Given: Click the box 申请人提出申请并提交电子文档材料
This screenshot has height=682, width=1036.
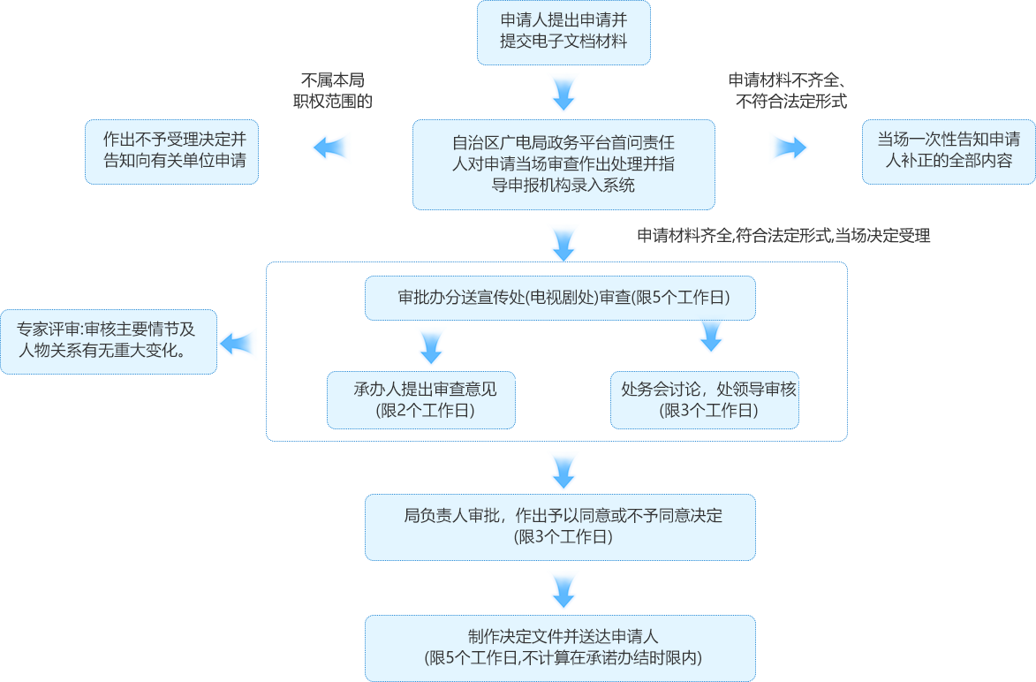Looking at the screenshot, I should (x=563, y=33).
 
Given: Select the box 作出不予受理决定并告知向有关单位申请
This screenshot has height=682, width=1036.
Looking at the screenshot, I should (x=171, y=151).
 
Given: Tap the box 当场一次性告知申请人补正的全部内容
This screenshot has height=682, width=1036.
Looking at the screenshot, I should (x=948, y=151).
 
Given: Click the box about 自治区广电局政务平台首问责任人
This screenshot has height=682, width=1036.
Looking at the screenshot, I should (x=563, y=163).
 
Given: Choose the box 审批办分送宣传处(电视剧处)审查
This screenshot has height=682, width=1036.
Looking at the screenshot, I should (x=560, y=299).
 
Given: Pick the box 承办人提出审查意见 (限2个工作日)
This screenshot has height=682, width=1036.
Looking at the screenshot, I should (x=421, y=399).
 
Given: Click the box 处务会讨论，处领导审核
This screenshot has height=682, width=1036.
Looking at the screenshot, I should (x=705, y=399).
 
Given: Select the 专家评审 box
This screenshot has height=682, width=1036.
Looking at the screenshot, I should (x=109, y=341).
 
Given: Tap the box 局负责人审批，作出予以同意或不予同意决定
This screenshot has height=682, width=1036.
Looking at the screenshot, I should (x=560, y=527).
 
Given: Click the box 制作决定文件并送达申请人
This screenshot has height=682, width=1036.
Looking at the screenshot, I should (x=560, y=648).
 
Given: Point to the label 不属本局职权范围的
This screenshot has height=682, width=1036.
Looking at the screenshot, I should (x=332, y=90).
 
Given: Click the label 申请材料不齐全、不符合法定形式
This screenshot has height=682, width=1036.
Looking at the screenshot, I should (x=788, y=90).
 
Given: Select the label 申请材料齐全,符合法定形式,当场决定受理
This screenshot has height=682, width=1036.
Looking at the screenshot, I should (x=783, y=236).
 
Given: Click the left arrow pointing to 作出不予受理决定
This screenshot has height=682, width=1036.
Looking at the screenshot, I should (x=331, y=148).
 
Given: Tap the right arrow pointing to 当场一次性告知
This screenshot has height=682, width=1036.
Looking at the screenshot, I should (x=789, y=148).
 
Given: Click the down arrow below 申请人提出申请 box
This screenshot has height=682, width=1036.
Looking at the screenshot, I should (x=563, y=92).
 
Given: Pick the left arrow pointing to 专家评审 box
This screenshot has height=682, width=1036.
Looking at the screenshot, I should (x=238, y=344).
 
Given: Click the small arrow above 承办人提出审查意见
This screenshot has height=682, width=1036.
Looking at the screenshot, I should (x=431, y=347).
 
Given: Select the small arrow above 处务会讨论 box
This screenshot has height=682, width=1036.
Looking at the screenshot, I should (x=711, y=337).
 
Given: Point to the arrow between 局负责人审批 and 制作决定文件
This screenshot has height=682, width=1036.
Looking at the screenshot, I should (x=563, y=588).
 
